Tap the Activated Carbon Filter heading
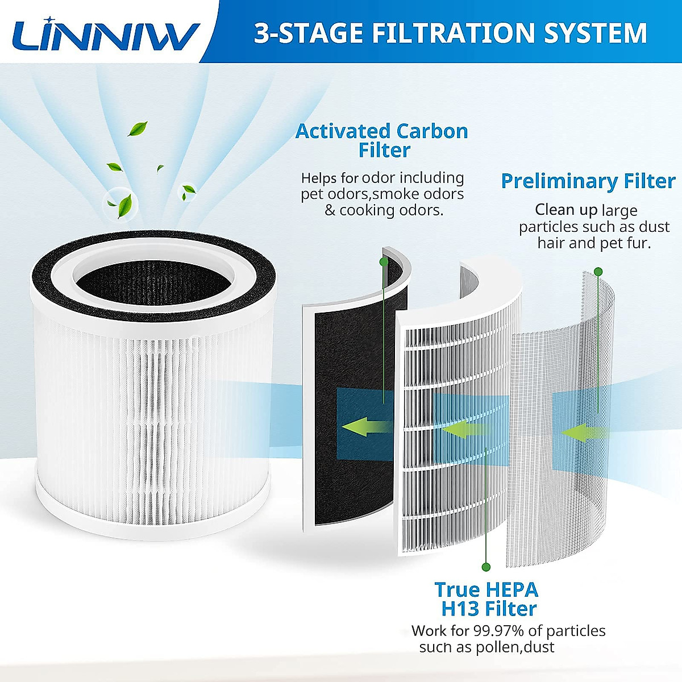click(382, 140)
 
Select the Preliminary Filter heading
click(588, 181)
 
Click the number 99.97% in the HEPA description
click(498, 631)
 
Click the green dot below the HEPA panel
click(486, 567)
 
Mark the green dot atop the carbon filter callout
click(384, 261)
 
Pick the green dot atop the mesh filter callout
click(597, 272)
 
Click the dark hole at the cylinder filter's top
click(152, 278)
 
